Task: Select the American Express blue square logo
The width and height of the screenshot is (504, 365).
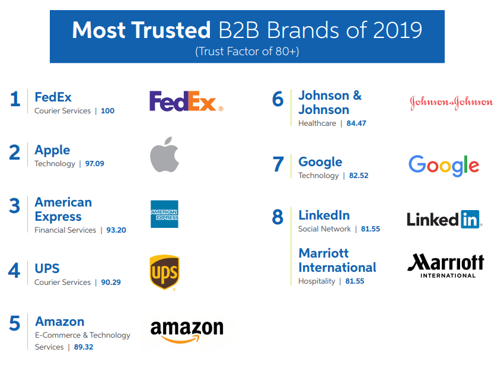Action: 164,214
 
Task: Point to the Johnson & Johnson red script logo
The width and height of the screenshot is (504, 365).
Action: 451,103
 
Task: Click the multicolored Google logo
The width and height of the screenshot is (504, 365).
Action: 444,165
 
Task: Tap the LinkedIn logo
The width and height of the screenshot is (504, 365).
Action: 444,219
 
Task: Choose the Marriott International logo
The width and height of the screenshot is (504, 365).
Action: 446,265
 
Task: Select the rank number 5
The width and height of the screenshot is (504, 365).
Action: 15,323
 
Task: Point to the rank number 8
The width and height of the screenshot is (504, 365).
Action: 277,218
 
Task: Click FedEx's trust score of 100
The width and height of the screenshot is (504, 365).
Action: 107,111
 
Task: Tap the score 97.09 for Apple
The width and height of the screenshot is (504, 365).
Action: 94,164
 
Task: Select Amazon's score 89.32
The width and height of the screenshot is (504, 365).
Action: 83,347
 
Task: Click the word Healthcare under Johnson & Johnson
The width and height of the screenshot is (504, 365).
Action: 317,123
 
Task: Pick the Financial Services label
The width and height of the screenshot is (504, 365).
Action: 65,230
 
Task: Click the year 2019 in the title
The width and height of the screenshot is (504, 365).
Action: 391,30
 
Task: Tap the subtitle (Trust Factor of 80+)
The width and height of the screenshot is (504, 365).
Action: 247,52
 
